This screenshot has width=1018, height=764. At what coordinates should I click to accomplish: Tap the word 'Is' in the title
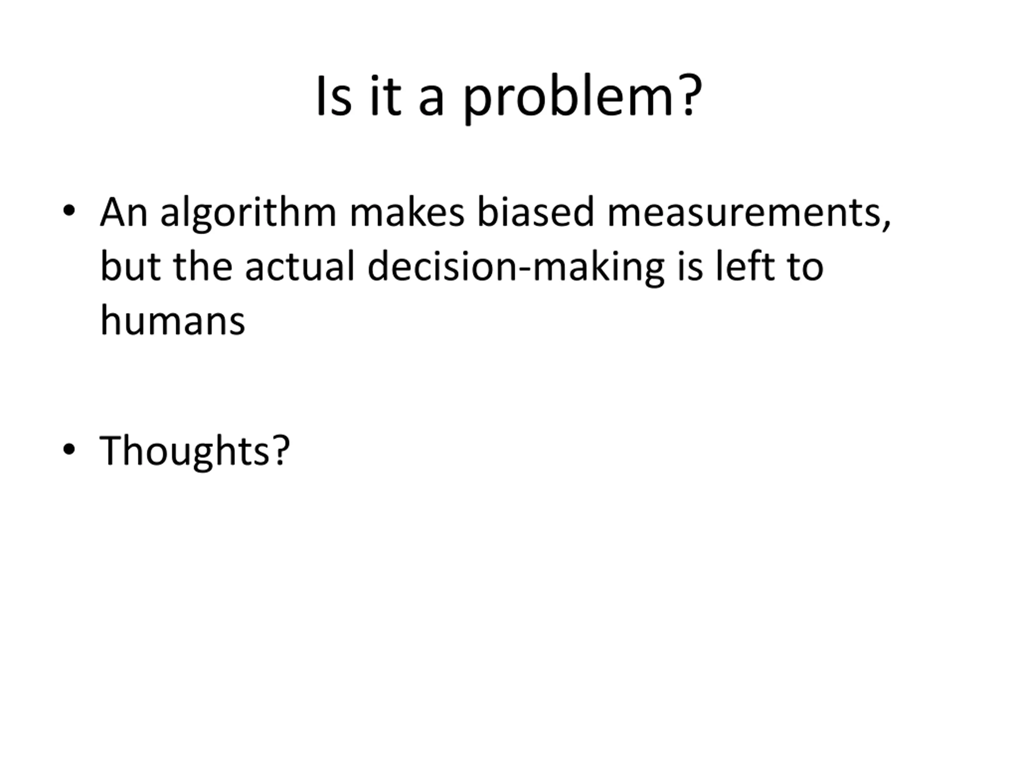coord(334,96)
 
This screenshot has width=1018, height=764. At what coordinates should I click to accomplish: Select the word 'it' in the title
coord(386,96)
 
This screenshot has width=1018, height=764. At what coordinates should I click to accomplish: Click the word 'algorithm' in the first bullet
coord(249,213)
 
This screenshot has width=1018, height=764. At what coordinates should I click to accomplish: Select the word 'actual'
coord(300,266)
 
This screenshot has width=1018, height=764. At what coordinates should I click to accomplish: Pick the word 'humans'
coord(173,320)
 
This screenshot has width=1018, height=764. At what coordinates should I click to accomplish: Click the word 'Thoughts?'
coord(195,451)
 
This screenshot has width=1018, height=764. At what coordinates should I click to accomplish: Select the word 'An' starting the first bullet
coord(124,212)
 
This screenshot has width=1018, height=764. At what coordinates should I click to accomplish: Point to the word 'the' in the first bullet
coord(203,266)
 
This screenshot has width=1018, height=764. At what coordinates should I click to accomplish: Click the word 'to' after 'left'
coord(805,267)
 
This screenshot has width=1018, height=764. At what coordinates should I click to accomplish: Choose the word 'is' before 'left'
coord(690,267)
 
